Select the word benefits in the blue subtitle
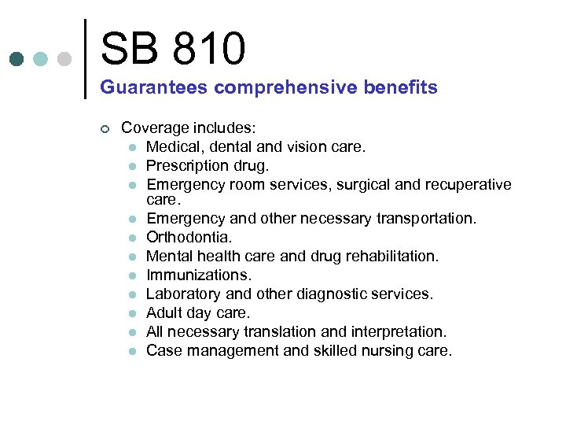pyautogui.click(x=399, y=87)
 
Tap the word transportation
pyautogui.click(x=426, y=218)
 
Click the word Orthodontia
pyautogui.click(x=189, y=237)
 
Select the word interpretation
pyautogui.click(x=398, y=331)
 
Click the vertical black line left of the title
pyautogui.click(x=85, y=58)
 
